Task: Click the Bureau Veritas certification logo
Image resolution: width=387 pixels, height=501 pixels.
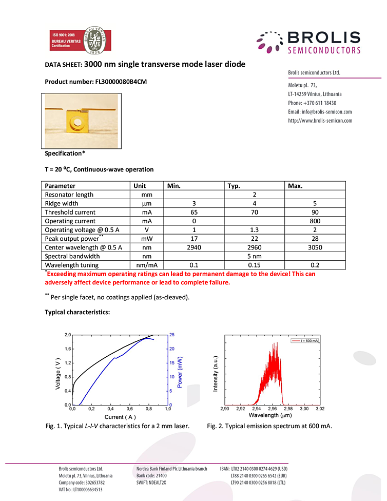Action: coord(80,41)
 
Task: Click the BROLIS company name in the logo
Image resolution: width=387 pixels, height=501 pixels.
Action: coord(323,37)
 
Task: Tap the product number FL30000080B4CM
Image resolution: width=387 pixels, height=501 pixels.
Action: coord(118,82)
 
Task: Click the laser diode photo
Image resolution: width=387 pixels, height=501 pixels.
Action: coord(81,121)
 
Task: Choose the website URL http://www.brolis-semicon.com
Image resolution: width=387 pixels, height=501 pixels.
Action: coord(320,121)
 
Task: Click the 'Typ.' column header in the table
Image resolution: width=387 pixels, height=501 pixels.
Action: coord(234,186)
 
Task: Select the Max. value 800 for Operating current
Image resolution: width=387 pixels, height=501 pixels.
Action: coord(315,221)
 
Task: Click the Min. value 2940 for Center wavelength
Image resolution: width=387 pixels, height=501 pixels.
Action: coord(193,247)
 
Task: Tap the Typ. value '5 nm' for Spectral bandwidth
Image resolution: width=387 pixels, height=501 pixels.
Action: coord(255,256)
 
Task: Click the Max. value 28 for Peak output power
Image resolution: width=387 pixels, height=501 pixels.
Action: coord(315,239)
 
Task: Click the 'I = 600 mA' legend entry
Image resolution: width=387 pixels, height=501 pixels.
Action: coord(306,340)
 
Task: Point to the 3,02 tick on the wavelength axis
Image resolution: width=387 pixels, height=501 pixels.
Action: coord(319,409)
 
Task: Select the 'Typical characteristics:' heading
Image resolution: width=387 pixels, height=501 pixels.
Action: coord(78,312)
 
